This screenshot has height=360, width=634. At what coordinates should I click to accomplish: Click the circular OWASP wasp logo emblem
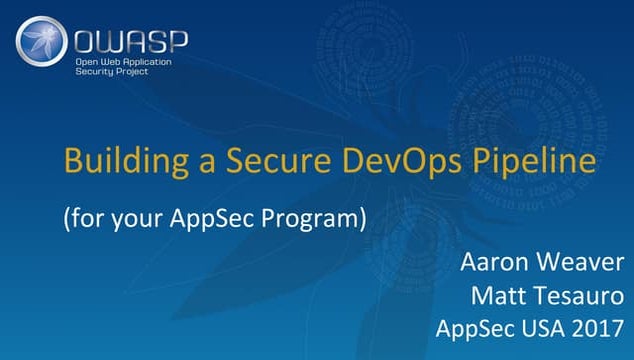(x=42, y=43)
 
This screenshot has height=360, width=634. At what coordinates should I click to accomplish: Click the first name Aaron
(x=492, y=264)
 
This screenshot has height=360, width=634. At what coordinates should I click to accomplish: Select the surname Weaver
(x=576, y=264)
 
